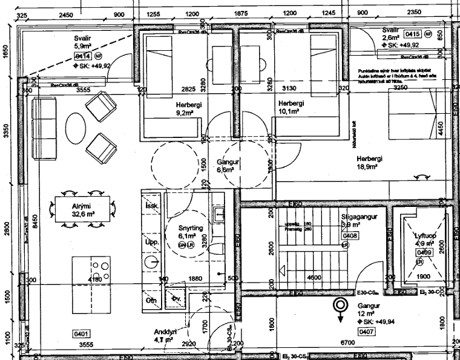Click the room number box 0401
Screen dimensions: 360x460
pyautogui.click(x=81, y=334)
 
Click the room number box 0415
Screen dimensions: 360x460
pyautogui.click(x=413, y=34)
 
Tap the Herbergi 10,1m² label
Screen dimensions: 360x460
pyautogui.click(x=291, y=108)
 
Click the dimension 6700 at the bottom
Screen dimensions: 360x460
pyautogui.click(x=346, y=343)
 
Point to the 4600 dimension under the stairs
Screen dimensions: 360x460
pyautogui.click(x=314, y=277)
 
